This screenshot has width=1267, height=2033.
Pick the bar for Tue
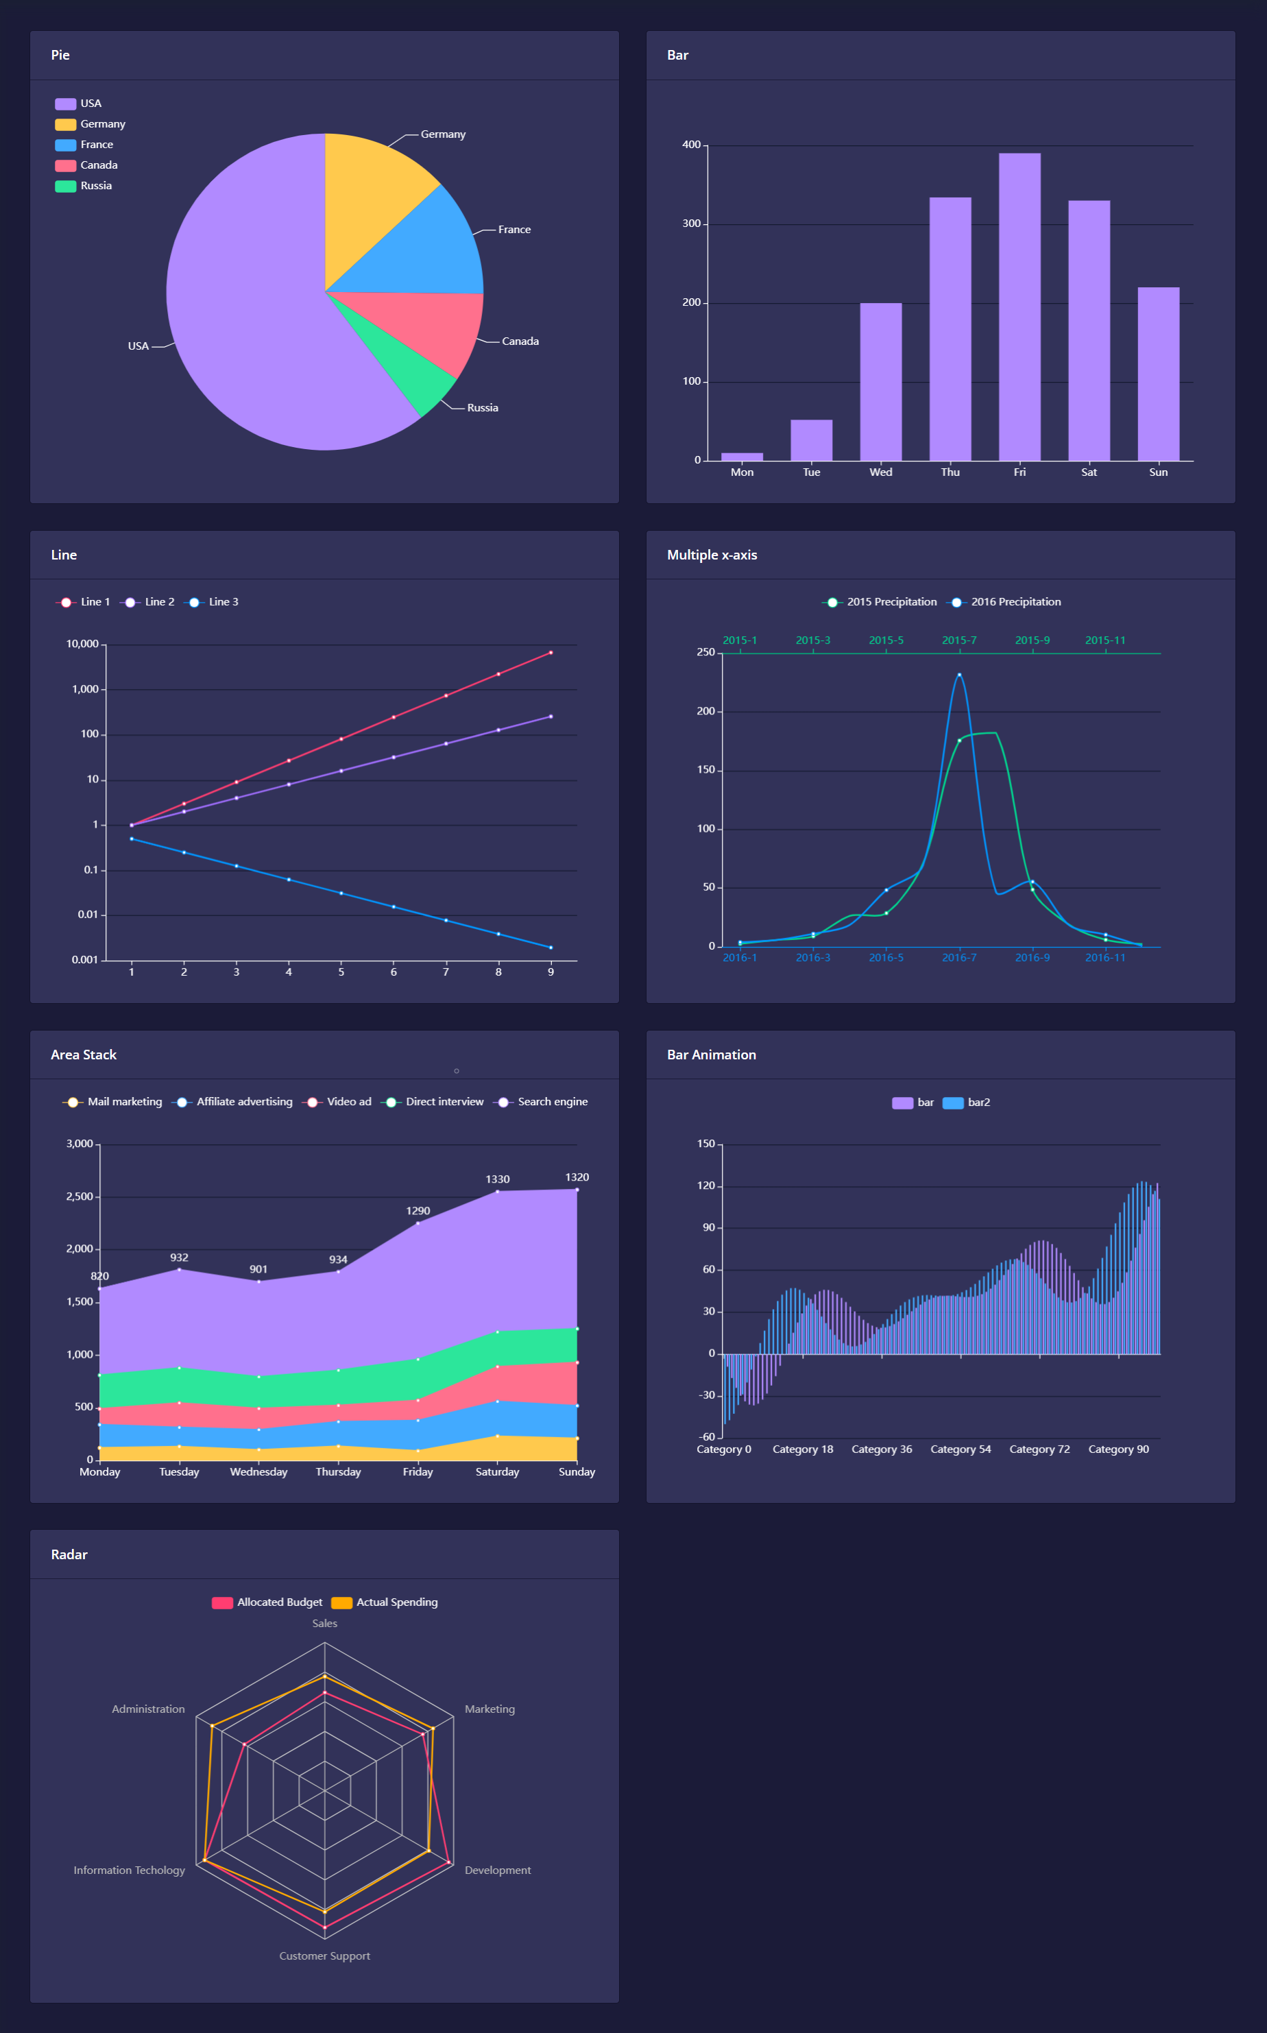(x=811, y=440)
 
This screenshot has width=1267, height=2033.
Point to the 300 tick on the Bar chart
(x=690, y=224)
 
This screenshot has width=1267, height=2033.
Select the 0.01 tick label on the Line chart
(x=87, y=914)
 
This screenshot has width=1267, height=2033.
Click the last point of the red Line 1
(x=551, y=653)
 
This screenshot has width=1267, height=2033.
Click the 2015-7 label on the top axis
(x=958, y=640)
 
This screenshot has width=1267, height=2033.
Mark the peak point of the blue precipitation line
(x=959, y=675)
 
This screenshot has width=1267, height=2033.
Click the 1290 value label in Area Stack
(x=418, y=1211)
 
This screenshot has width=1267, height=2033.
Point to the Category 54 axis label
(x=961, y=1449)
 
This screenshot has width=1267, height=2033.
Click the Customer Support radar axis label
(x=324, y=1956)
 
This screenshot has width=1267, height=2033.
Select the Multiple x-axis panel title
(x=712, y=555)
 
